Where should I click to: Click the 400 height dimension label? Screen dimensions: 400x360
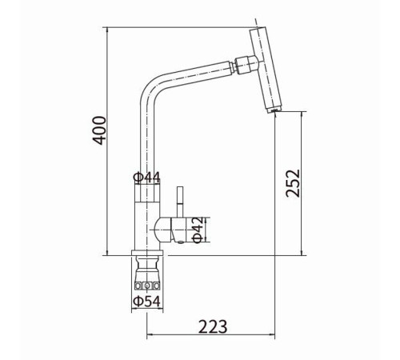[x=99, y=130]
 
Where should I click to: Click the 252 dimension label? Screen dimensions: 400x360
[x=293, y=183]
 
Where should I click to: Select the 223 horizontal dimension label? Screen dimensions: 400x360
[x=213, y=326]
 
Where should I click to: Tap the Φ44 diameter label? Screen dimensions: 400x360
[x=147, y=178]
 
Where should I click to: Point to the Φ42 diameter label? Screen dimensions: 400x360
[x=198, y=230]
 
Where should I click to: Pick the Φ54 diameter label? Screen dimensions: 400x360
[x=147, y=302]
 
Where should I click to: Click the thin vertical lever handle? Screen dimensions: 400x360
[x=180, y=202]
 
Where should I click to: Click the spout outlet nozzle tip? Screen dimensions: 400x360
[x=274, y=110]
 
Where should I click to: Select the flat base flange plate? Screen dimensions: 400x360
[x=147, y=253]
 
